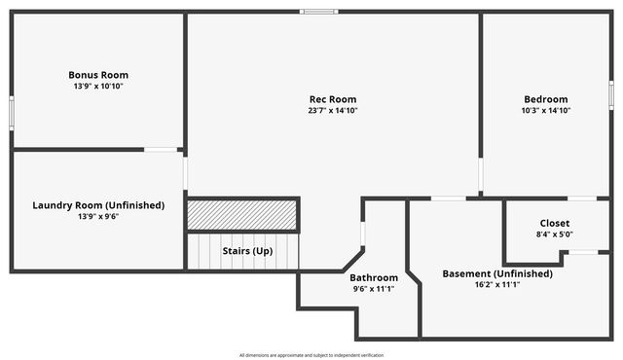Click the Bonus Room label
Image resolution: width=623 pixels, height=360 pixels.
(98, 75)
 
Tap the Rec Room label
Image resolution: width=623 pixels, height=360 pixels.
(333, 99)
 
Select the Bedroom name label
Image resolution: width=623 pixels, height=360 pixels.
(545, 99)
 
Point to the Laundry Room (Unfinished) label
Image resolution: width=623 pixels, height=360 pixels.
(98, 205)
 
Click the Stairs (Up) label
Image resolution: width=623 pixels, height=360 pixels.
(247, 251)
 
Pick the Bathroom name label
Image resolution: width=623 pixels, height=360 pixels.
(375, 277)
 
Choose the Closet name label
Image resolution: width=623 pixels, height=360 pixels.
(554, 223)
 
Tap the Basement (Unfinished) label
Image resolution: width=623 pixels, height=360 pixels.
(497, 273)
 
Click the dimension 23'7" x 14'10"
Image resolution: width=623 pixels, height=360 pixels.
(333, 111)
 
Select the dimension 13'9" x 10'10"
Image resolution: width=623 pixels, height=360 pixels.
(98, 87)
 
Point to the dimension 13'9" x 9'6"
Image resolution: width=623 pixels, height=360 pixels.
(98, 217)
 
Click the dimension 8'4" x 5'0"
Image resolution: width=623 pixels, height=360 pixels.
(554, 234)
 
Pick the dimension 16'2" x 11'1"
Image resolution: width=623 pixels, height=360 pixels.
(497, 285)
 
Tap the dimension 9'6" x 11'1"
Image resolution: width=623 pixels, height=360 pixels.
(375, 289)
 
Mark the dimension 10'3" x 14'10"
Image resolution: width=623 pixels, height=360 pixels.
(545, 111)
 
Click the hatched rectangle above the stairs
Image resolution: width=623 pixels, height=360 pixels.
(242, 215)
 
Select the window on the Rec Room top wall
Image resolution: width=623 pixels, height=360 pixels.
(319, 12)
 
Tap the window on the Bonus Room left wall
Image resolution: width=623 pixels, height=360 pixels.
(12, 112)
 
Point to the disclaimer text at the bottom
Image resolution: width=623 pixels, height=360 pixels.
(311, 354)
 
